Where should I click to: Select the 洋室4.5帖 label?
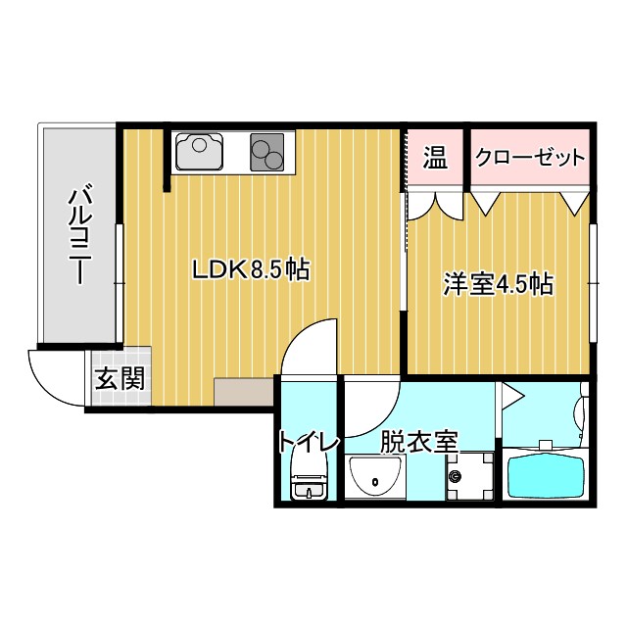click(499, 284)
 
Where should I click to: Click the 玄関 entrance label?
click(121, 377)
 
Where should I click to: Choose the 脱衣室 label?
click(418, 442)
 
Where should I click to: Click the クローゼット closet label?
click(530, 157)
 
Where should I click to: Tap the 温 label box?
click(435, 157)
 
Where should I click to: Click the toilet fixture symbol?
click(308, 485)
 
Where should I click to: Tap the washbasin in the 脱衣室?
click(374, 479)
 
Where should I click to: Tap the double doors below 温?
click(435, 203)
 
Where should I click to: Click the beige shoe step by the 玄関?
click(242, 392)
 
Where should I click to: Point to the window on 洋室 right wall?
click(594, 282)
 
